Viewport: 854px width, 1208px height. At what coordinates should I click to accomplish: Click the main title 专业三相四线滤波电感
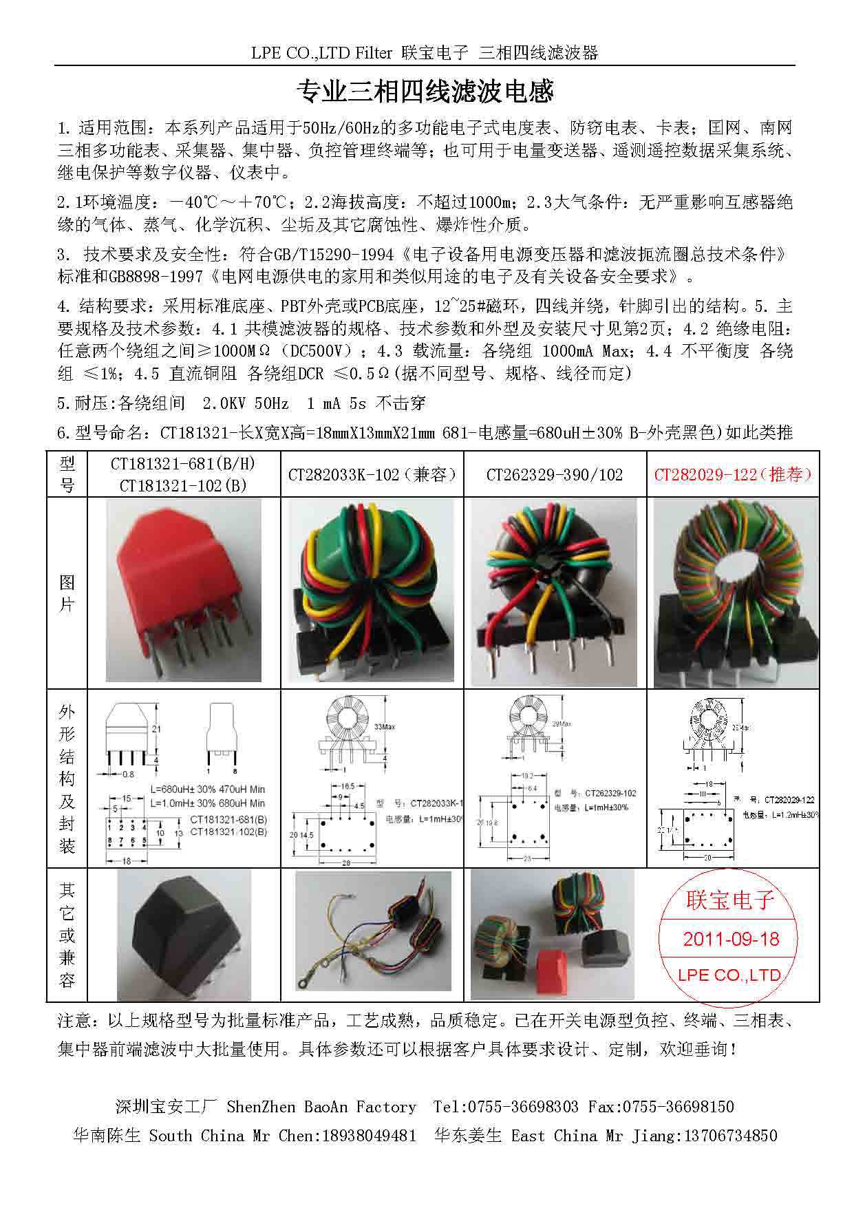coord(425,92)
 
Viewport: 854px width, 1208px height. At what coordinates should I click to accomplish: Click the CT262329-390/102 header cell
coord(555,474)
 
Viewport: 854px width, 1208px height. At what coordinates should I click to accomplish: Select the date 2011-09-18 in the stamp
coord(731,939)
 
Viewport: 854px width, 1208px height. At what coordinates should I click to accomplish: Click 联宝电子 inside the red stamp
coord(731,900)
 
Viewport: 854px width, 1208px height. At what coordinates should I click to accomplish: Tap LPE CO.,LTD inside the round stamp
coord(729,975)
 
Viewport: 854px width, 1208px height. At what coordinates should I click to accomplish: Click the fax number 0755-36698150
coord(679,1107)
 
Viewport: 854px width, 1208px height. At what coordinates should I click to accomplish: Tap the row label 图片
coord(67,593)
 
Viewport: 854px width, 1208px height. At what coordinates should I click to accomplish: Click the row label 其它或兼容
coord(67,935)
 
